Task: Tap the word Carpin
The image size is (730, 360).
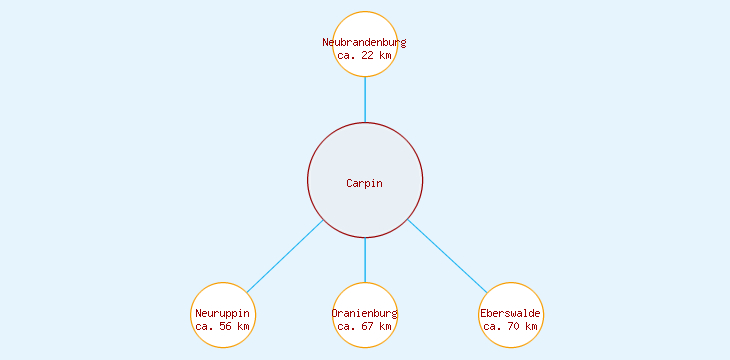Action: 365,183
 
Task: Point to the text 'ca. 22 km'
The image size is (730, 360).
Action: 365,56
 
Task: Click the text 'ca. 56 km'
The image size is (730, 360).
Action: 223,327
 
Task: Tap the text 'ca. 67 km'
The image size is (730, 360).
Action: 365,327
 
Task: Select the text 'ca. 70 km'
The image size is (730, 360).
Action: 511,327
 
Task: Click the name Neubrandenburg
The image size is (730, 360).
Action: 365,42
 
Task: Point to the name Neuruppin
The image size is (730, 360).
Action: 223,314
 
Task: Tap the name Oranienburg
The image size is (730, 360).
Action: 365,314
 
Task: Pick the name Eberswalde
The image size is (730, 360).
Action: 511,314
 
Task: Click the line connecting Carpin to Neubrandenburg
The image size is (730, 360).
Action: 365,100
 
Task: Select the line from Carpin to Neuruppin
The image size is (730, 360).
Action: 285,256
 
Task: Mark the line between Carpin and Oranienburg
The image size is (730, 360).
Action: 365,260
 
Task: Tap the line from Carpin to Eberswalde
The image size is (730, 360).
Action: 447,256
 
